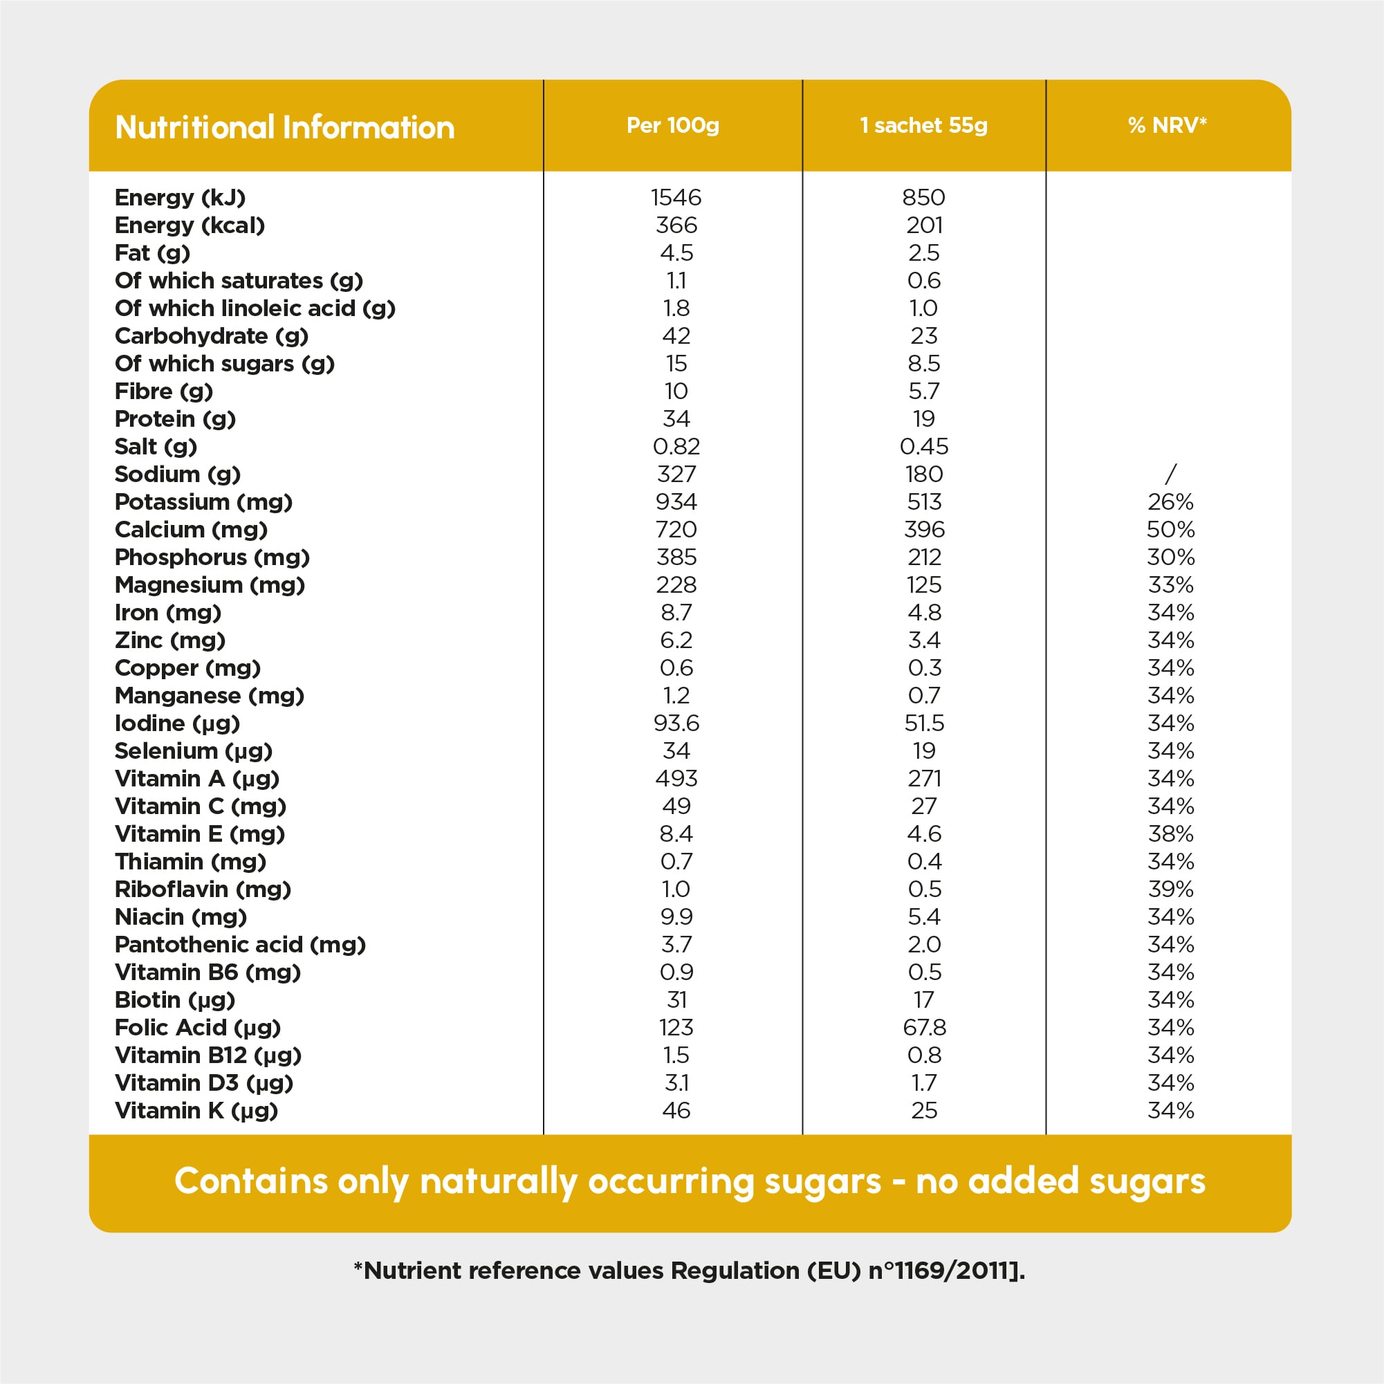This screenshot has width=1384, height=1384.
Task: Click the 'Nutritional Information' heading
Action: pos(284,127)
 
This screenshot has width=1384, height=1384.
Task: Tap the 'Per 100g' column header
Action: pos(673,125)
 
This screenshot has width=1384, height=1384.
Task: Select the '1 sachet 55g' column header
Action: pos(923,125)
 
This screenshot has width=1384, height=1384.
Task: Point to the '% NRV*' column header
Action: pos(1167,125)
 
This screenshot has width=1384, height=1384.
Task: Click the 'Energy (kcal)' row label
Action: pos(190,225)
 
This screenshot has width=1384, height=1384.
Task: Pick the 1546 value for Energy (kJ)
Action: pos(676,197)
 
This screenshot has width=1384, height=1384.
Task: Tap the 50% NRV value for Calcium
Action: pos(1170,529)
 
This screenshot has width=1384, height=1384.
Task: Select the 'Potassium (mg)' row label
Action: pos(203,501)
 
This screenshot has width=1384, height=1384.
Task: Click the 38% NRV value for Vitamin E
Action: pos(1170,834)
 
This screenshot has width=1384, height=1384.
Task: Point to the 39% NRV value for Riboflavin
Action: pos(1170,889)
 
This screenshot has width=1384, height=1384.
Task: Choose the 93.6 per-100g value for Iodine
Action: pos(676,723)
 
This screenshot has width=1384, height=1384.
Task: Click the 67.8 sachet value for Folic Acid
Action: pos(924,1027)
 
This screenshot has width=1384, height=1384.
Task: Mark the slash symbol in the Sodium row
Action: pos(1170,474)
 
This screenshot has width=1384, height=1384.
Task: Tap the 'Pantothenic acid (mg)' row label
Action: pos(240,944)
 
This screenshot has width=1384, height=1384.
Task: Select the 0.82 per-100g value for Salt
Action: pos(676,446)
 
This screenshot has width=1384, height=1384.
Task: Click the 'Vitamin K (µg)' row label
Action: pos(196,1110)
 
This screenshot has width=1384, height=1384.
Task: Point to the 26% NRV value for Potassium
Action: pos(1170,501)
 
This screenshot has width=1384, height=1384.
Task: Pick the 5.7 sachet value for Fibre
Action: pos(924,391)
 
